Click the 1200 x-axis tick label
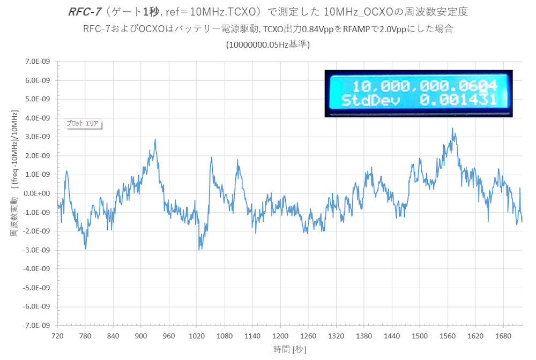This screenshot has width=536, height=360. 280,336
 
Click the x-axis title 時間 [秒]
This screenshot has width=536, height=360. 289,349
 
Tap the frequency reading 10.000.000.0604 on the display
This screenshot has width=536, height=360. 423,86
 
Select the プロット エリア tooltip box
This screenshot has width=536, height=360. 82,123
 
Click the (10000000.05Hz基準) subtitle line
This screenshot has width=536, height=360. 268,44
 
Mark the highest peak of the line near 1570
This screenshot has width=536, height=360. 453,129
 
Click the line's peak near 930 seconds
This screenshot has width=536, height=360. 155,139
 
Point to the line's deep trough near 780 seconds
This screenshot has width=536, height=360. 85,249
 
